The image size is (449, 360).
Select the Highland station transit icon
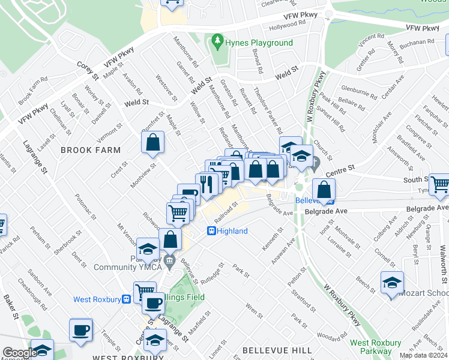211,230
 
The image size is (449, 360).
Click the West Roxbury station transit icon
127,299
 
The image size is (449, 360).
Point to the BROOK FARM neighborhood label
91,150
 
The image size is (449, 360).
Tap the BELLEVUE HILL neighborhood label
277,349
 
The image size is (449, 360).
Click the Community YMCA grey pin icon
170,260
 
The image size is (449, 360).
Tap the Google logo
19,353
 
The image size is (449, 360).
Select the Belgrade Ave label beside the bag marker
325,212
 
